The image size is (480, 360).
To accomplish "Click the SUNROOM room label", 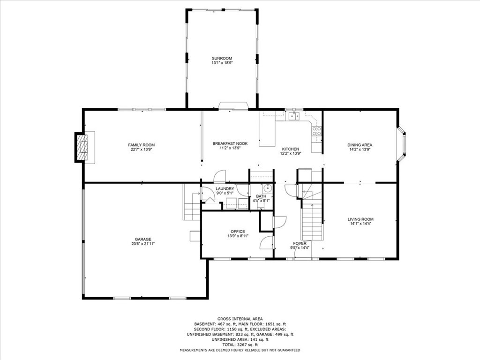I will pos(222,58).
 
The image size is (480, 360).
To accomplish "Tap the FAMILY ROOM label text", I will pos(142,145).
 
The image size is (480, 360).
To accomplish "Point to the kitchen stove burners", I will pos(317,131).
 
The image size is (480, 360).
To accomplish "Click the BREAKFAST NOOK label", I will pos(230,143).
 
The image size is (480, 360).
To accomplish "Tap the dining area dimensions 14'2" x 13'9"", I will pos(360,150).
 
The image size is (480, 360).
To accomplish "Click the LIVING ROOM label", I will pos(360,219).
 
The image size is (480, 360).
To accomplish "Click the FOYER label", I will pos(300,243).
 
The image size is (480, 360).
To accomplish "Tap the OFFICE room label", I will pos(238,231).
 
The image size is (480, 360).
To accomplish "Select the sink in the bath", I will pos(267,189).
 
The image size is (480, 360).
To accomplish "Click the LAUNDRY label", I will pos(225,189).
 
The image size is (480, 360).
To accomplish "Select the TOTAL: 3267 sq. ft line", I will pos(240,345).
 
